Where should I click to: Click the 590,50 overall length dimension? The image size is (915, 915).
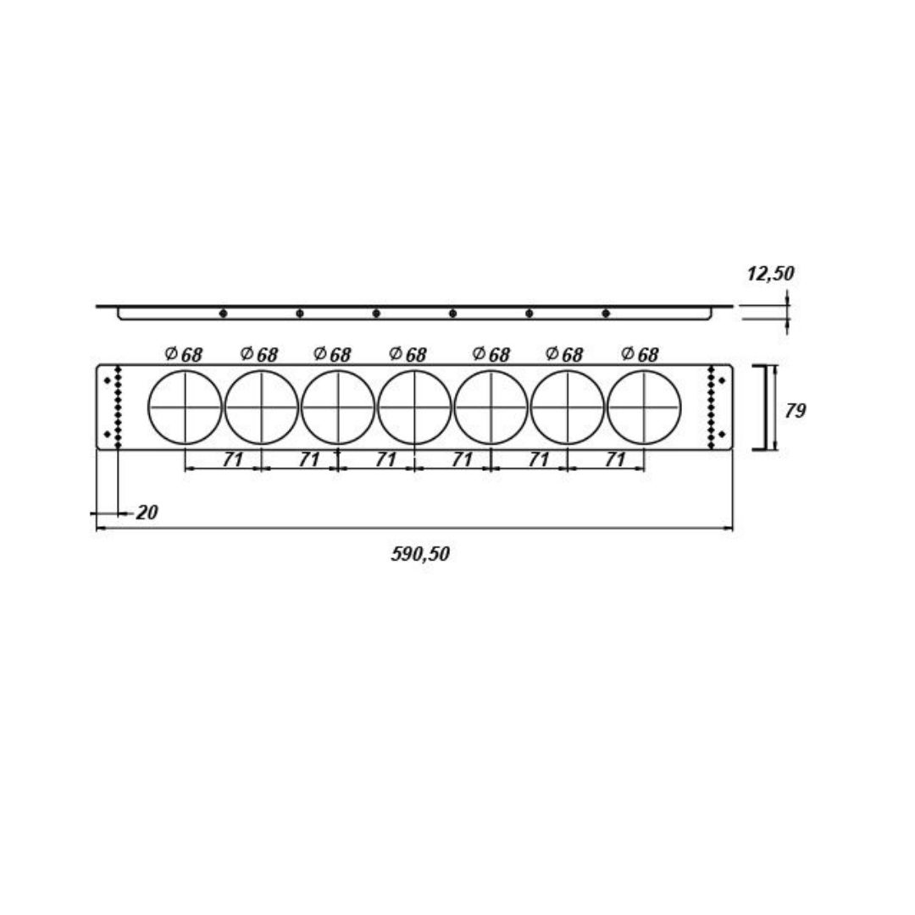(420, 554)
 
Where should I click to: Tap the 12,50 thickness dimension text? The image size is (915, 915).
(770, 274)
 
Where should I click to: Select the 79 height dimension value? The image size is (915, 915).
(795, 411)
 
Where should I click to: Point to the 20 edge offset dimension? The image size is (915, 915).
(147, 513)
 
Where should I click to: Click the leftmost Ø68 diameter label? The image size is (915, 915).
(183, 354)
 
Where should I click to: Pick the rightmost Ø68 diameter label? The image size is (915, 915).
(640, 354)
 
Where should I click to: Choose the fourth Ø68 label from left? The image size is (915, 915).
(408, 354)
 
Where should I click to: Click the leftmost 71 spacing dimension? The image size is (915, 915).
(232, 460)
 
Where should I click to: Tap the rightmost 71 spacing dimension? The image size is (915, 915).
(615, 460)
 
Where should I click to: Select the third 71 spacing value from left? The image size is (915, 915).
(385, 460)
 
